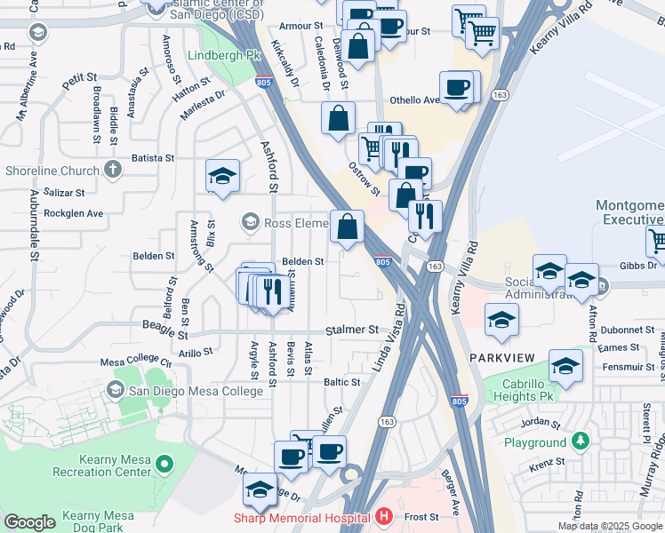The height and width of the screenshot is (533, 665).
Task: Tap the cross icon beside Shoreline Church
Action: tap(112, 169)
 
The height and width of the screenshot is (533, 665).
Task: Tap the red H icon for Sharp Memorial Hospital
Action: tap(383, 516)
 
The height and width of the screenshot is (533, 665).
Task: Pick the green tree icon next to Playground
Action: tap(581, 441)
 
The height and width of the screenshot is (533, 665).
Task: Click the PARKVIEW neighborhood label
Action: tap(502, 357)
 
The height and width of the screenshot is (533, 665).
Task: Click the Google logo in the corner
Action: tap(29, 521)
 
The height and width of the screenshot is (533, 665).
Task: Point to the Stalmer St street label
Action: tap(351, 330)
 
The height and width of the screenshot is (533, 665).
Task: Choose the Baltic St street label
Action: tap(341, 382)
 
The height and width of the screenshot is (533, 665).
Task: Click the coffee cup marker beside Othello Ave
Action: tap(457, 88)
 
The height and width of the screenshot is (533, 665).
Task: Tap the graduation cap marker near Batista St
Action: tap(222, 176)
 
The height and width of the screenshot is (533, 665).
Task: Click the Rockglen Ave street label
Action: tap(74, 213)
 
